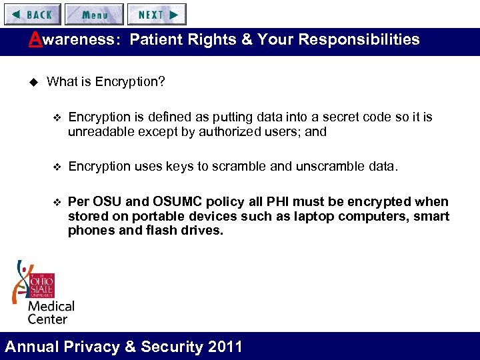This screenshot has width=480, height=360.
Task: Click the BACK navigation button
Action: (x=31, y=14)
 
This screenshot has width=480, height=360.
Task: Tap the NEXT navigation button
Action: (x=157, y=14)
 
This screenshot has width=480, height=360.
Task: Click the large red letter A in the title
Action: (x=35, y=39)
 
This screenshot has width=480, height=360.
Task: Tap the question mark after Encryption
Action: (x=161, y=82)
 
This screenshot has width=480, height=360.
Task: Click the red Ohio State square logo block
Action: (x=41, y=285)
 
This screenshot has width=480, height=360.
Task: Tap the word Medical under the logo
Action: (x=51, y=306)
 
